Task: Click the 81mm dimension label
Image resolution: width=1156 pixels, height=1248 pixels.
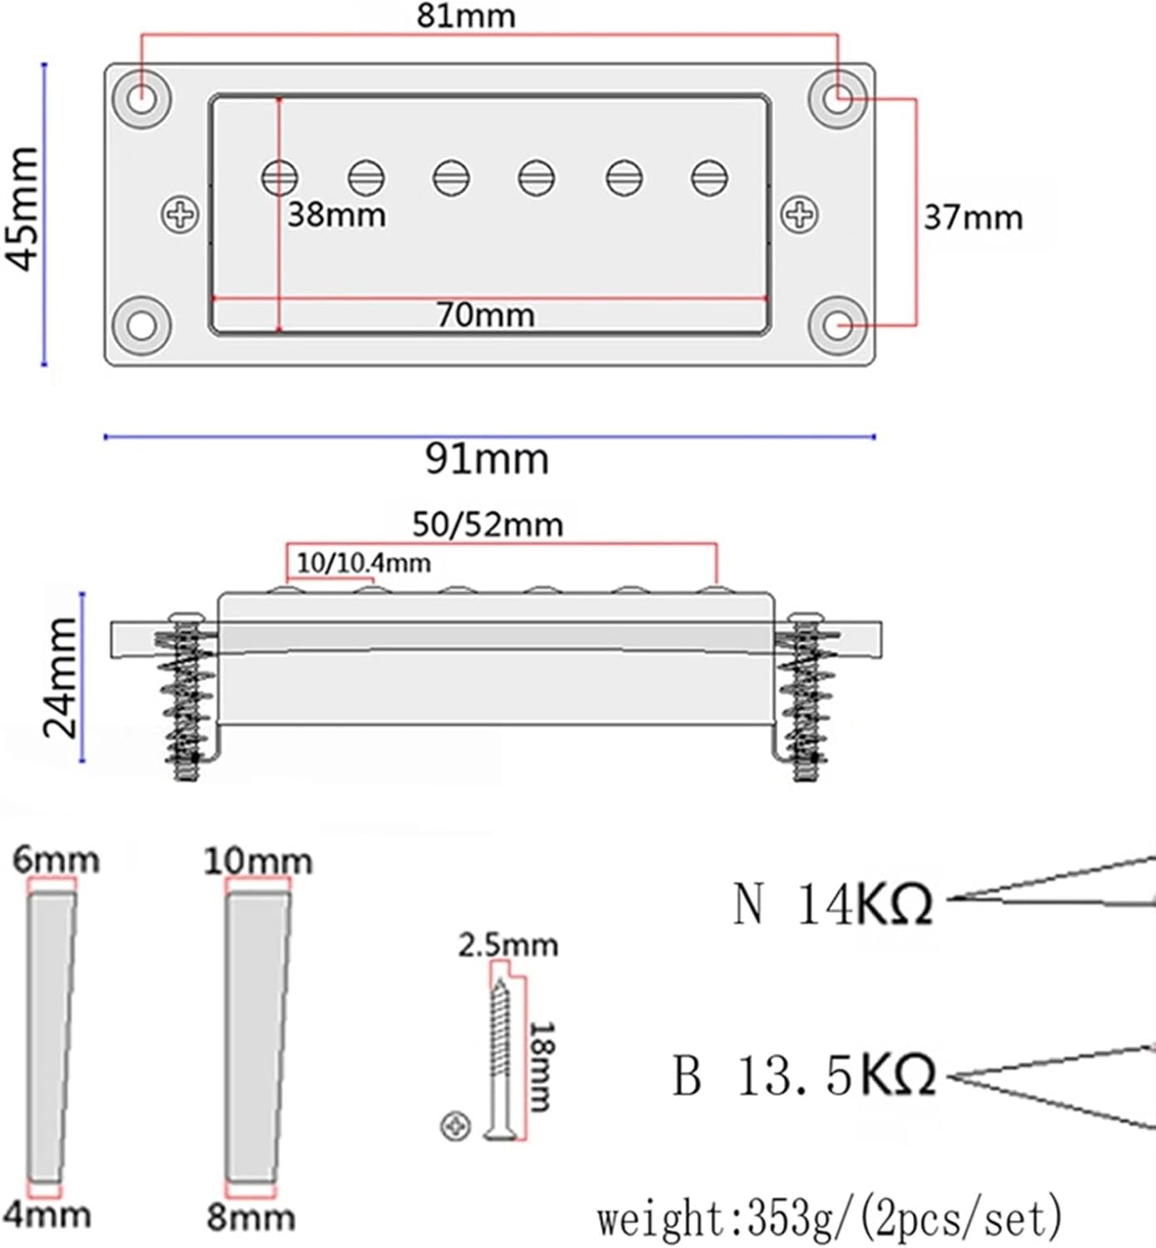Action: click(466, 16)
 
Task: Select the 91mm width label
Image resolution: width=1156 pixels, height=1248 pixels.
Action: click(487, 458)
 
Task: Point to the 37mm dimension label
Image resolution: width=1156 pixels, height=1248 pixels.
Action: click(973, 218)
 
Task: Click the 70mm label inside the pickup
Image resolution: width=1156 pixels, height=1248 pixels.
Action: click(485, 314)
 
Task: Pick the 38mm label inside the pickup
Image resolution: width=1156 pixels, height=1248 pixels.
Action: click(337, 215)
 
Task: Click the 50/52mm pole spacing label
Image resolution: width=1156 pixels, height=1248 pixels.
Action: click(488, 524)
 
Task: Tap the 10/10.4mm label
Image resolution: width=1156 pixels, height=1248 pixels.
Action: click(364, 563)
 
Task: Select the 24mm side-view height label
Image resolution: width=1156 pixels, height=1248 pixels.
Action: click(60, 678)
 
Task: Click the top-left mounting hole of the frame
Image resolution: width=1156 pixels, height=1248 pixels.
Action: click(142, 99)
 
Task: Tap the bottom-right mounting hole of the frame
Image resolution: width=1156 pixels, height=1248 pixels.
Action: click(838, 324)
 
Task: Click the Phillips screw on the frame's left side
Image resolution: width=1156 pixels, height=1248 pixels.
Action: click(180, 215)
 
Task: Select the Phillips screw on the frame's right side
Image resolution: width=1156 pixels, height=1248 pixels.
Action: click(800, 215)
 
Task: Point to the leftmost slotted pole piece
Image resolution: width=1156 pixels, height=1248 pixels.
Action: click(280, 176)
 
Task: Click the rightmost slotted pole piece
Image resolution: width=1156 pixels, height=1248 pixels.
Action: click(709, 177)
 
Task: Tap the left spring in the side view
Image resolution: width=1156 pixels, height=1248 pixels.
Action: click(186, 699)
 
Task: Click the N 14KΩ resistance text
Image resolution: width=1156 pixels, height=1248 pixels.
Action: click(832, 904)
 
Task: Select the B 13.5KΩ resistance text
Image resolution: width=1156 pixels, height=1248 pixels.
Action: click(804, 1075)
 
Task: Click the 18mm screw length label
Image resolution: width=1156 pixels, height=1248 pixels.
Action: click(542, 1067)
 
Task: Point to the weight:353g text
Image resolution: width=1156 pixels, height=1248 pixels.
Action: click(829, 1220)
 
